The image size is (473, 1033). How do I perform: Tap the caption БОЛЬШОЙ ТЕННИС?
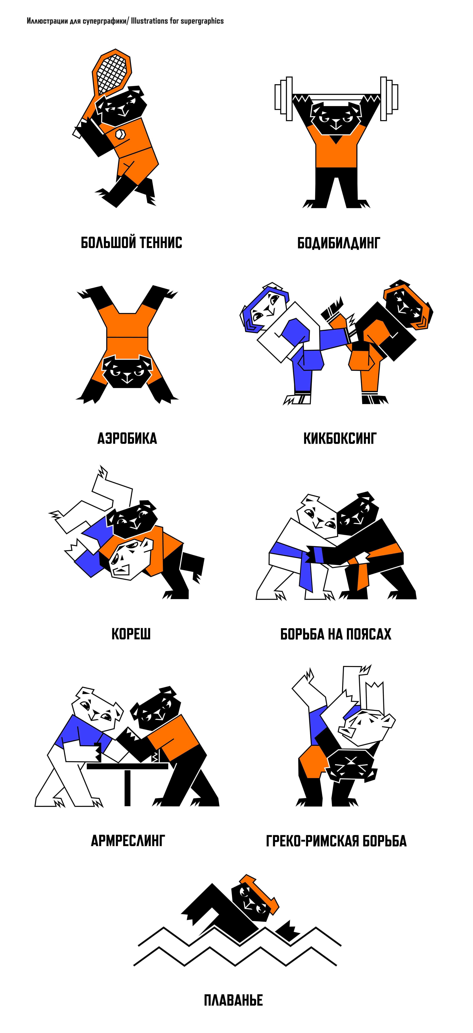(131, 243)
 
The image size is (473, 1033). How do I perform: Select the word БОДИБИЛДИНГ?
(338, 243)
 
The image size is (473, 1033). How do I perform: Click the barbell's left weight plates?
(284, 99)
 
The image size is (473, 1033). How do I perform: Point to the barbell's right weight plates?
(389, 99)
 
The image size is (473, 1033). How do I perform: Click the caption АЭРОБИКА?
(127, 438)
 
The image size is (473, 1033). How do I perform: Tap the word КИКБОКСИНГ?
(340, 438)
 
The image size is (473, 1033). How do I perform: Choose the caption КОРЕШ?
(131, 634)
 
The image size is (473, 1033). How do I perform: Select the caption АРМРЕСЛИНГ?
(128, 840)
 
